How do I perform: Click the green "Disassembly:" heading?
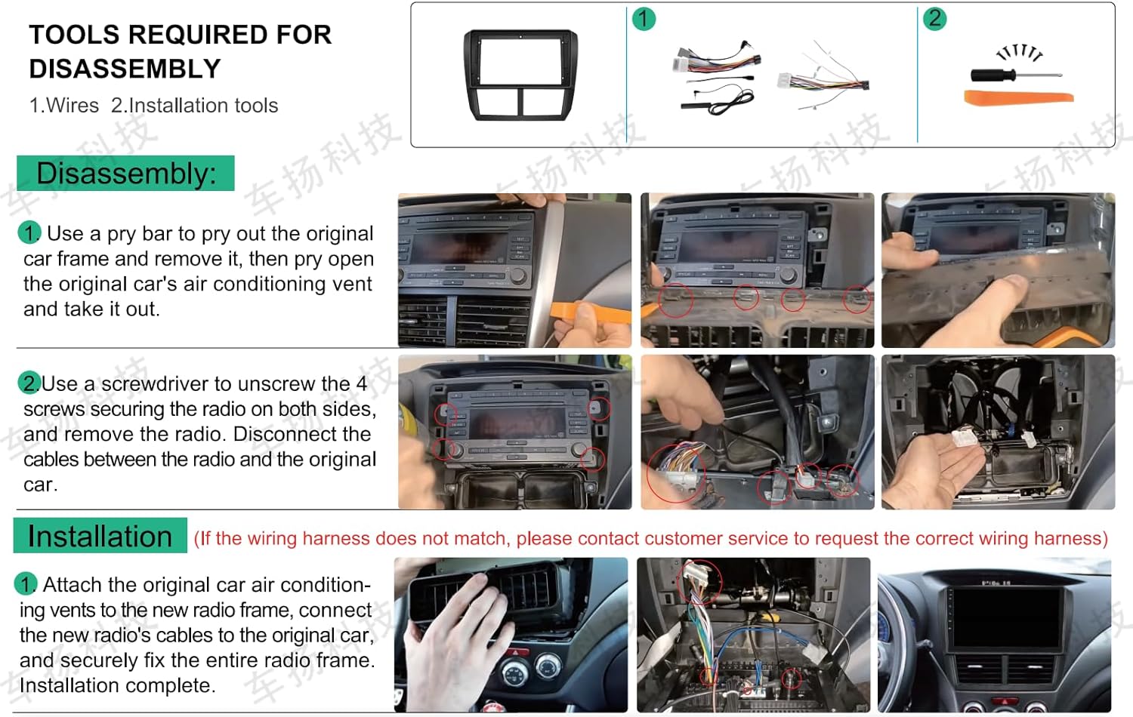[x=125, y=174]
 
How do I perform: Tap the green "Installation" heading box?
[x=100, y=536]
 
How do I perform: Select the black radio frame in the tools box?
[x=520, y=75]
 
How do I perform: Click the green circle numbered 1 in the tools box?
[x=644, y=19]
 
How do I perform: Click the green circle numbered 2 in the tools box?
[x=934, y=19]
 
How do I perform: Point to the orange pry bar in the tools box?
[x=1017, y=97]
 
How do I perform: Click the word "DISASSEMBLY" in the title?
[x=125, y=69]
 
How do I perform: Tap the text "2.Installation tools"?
[x=195, y=106]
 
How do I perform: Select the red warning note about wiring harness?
[x=650, y=538]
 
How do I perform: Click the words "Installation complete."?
[x=117, y=685]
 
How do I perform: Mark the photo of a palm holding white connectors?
[x=997, y=432]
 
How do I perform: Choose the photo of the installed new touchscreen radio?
[x=994, y=635]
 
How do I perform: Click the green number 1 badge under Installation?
[x=25, y=584]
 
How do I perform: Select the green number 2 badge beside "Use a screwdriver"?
[x=29, y=383]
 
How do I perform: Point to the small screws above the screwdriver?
[x=1019, y=53]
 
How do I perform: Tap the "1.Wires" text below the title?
[x=64, y=106]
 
